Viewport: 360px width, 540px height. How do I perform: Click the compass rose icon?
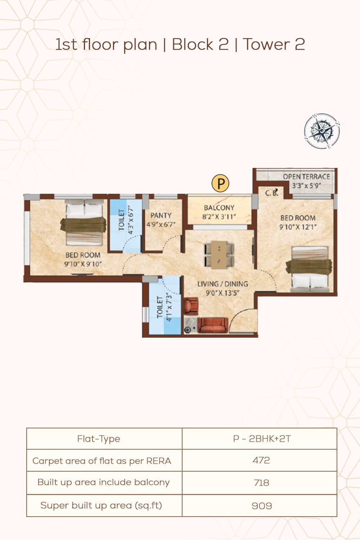click(x=322, y=131)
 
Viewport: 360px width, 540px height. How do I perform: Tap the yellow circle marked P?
click(x=220, y=183)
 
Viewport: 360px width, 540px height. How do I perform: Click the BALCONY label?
click(x=219, y=208)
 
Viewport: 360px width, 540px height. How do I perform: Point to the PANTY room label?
click(x=161, y=215)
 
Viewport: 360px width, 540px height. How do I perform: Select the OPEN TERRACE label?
click(x=306, y=177)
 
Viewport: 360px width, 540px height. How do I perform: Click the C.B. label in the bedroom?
click(x=271, y=193)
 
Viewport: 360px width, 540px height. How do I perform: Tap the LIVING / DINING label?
click(x=222, y=284)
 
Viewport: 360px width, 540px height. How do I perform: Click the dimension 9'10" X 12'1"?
click(x=298, y=227)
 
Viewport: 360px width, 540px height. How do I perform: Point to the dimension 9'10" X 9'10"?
click(x=83, y=264)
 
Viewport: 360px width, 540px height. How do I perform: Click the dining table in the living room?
click(x=219, y=255)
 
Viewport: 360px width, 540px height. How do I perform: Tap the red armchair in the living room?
click(x=191, y=306)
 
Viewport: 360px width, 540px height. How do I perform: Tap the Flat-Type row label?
click(x=98, y=439)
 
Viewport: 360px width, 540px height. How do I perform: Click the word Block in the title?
click(x=193, y=44)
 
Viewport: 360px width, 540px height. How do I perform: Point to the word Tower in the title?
click(x=266, y=44)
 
